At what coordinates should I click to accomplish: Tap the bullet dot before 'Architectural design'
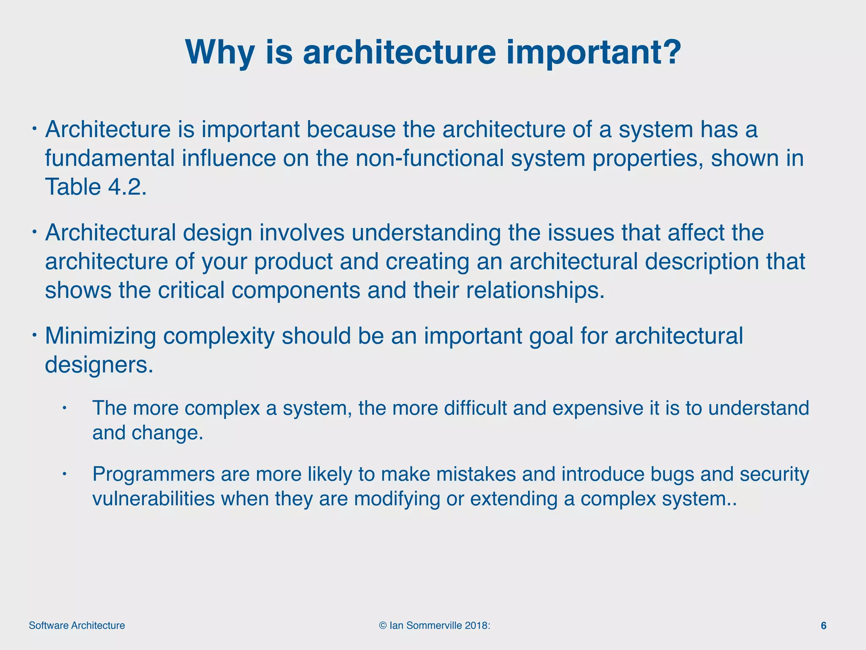pos(35,232)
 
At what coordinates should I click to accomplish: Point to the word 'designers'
pos(99,364)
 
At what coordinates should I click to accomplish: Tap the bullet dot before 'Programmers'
pos(65,474)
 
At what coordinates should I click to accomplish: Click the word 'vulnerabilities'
pos(153,499)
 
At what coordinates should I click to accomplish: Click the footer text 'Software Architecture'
pos(77,625)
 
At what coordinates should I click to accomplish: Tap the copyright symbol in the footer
pos(383,625)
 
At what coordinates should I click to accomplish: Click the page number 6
pos(823,625)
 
